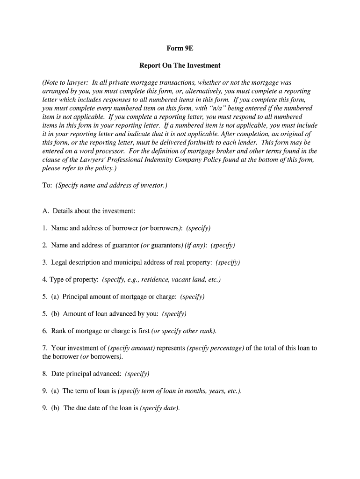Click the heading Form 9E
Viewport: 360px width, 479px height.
coord(180,48)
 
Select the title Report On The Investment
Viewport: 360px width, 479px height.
coord(180,65)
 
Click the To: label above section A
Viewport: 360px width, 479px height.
coord(47,185)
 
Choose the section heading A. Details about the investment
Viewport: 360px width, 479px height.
coord(89,211)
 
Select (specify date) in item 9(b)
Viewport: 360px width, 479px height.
coord(160,408)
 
